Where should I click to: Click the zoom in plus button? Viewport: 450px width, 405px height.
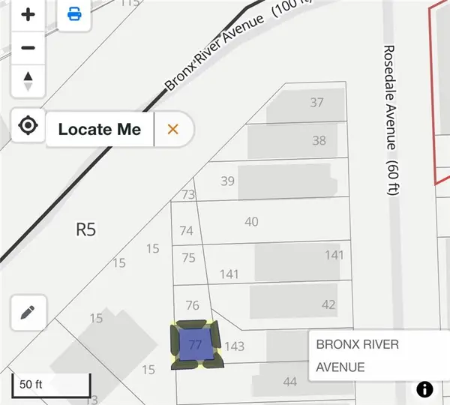pyautogui.click(x=28, y=15)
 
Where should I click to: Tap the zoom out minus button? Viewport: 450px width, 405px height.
pyautogui.click(x=28, y=48)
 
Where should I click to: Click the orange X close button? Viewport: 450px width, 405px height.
pyautogui.click(x=173, y=129)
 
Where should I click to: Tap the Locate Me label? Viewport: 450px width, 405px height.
pyautogui.click(x=99, y=129)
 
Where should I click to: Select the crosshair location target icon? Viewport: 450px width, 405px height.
pyautogui.click(x=28, y=125)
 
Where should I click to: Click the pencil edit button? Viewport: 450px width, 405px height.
pyautogui.click(x=28, y=312)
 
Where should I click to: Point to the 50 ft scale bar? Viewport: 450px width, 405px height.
pyautogui.click(x=50, y=385)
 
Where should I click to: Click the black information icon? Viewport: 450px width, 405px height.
pyautogui.click(x=425, y=389)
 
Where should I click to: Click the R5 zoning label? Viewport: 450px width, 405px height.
pyautogui.click(x=87, y=229)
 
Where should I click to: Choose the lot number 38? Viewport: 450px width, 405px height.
pyautogui.click(x=319, y=140)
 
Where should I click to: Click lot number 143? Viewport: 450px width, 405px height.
pyautogui.click(x=235, y=346)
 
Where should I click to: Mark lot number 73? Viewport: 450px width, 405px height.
pyautogui.click(x=187, y=195)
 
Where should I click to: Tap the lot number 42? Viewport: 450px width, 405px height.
pyautogui.click(x=328, y=304)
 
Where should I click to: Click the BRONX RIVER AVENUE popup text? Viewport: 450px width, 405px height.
pyautogui.click(x=358, y=355)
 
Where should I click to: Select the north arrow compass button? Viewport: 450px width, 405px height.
pyautogui.click(x=28, y=80)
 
